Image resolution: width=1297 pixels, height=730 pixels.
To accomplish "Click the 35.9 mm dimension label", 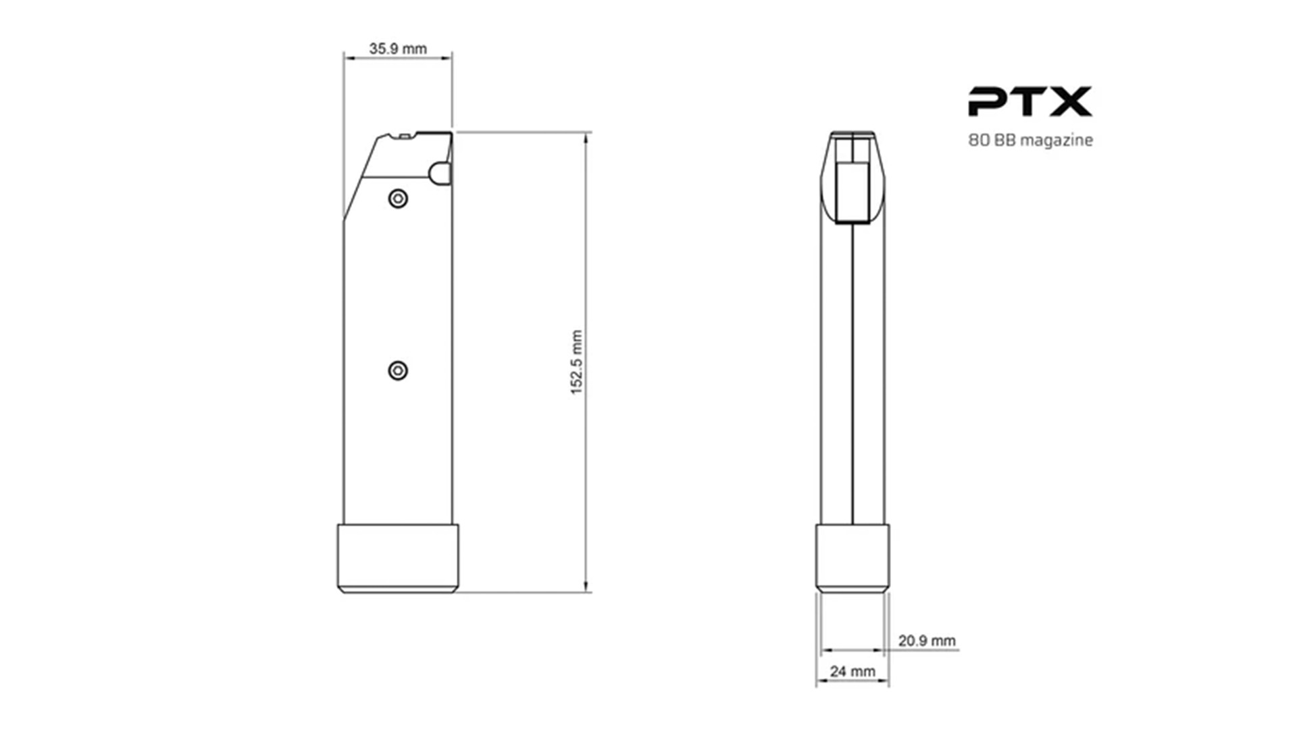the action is pyautogui.click(x=398, y=49).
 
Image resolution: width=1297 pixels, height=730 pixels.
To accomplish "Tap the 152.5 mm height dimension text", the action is pyautogui.click(x=576, y=362).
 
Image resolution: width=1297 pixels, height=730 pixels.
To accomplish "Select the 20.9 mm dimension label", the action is pyautogui.click(x=927, y=641).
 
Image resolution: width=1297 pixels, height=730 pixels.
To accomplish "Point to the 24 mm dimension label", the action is pyautogui.click(x=853, y=671).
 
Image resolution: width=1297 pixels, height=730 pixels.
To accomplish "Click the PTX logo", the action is pyautogui.click(x=1030, y=101).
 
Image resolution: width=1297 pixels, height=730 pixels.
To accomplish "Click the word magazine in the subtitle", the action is pyautogui.click(x=1056, y=141).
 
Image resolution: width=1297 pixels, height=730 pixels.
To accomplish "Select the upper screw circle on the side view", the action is pyautogui.click(x=398, y=199).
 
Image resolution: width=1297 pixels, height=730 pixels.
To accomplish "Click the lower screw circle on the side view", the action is pyautogui.click(x=398, y=370).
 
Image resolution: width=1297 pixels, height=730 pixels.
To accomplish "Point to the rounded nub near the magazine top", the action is pyautogui.click(x=440, y=174).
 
